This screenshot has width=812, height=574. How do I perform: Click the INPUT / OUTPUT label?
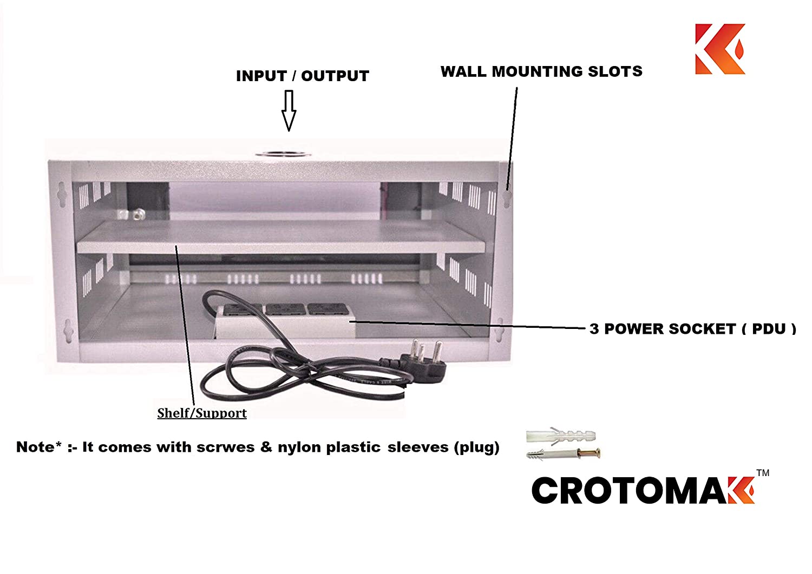point(302,76)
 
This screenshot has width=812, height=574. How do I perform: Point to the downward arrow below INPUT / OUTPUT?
point(289,110)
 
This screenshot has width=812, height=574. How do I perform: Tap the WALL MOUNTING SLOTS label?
point(541,71)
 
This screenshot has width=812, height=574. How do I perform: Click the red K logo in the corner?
point(720,49)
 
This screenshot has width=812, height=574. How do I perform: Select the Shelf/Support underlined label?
point(202,413)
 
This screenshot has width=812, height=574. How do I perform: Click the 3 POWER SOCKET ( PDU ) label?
point(693,329)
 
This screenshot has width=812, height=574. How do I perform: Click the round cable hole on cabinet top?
point(283,154)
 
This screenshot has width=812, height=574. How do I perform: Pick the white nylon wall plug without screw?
point(561,437)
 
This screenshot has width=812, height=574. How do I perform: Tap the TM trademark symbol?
point(763,473)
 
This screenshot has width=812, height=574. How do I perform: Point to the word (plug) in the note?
point(476,447)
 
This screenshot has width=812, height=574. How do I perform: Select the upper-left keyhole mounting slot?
point(62,195)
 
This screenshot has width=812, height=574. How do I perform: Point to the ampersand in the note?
point(266,447)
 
